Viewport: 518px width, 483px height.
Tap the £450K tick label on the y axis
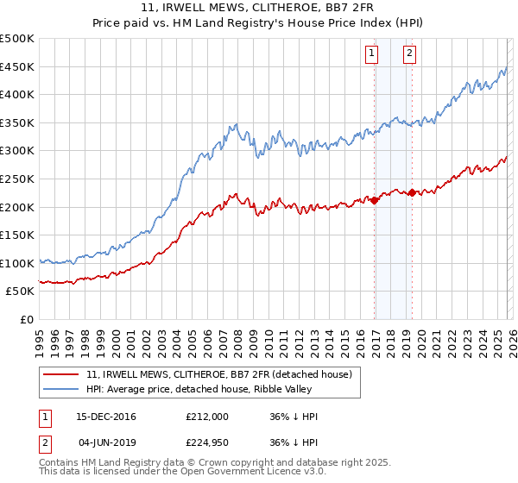(18, 66)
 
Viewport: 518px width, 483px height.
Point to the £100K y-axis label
(18, 263)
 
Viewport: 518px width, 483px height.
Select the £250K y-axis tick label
(18, 179)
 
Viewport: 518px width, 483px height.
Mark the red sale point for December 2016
(374, 200)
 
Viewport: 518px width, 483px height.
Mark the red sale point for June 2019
(412, 192)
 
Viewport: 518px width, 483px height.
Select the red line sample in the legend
(61, 375)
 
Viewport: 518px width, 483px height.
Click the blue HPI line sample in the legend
(61, 390)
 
